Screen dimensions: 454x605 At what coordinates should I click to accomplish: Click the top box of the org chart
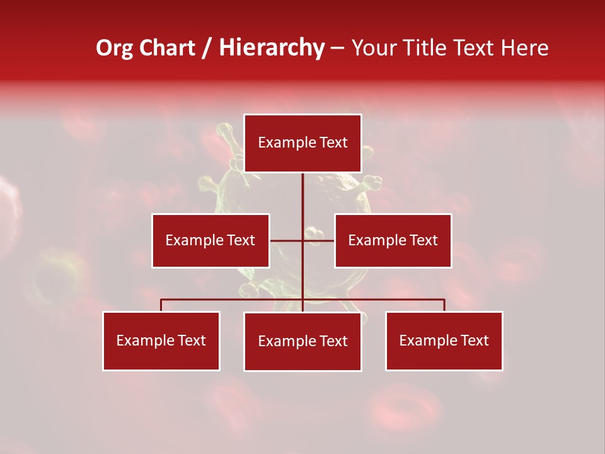pyautogui.click(x=302, y=143)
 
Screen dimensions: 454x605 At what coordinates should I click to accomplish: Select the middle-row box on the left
pyautogui.click(x=210, y=240)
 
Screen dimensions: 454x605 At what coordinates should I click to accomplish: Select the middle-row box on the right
pyautogui.click(x=393, y=240)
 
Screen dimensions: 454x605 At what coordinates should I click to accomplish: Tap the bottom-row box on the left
pyautogui.click(x=161, y=340)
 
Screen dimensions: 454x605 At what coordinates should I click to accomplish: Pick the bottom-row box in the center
pyautogui.click(x=302, y=341)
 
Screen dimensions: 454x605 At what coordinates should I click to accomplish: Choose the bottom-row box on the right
pyautogui.click(x=444, y=340)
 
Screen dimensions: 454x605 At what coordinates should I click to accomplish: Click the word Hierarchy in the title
pyautogui.click(x=272, y=48)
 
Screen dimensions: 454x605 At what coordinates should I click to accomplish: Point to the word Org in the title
pyautogui.click(x=114, y=48)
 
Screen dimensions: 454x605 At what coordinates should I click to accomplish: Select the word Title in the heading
pyautogui.click(x=423, y=48)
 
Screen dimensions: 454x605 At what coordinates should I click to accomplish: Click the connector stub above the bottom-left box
pyautogui.click(x=161, y=305)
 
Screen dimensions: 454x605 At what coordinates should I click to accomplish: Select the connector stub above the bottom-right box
pyautogui.click(x=444, y=305)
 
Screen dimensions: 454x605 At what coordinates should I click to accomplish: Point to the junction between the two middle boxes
pyautogui.click(x=302, y=240)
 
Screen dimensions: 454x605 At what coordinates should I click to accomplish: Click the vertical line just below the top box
pyautogui.click(x=302, y=189)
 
